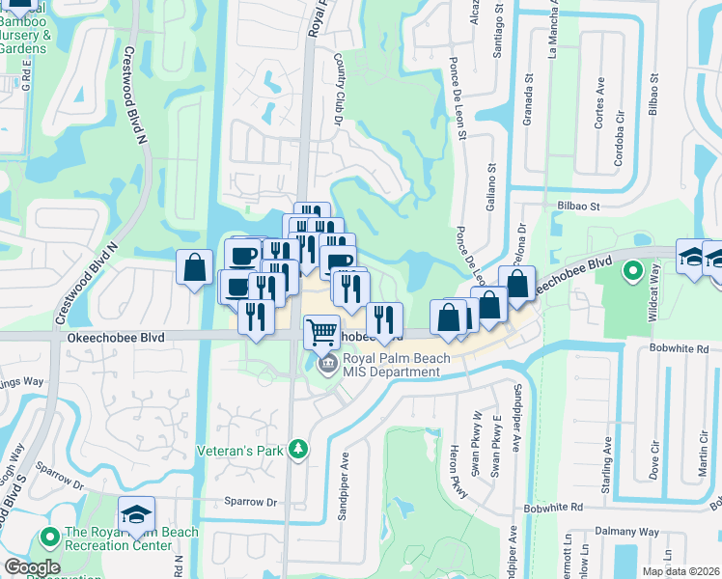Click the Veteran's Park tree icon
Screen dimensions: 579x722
[299, 448]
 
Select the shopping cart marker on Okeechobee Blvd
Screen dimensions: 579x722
[321, 332]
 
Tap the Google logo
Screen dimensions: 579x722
[32, 567]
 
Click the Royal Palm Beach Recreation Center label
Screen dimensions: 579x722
[130, 538]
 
